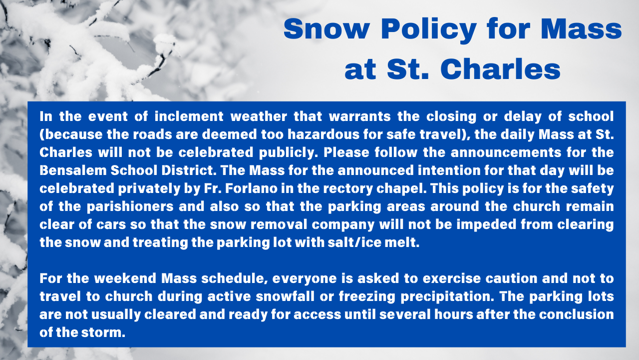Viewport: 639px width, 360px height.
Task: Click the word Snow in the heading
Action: click(326, 29)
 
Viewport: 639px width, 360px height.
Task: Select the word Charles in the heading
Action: click(501, 69)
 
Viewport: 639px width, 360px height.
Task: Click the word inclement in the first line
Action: click(189, 116)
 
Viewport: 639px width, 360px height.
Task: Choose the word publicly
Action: click(289, 153)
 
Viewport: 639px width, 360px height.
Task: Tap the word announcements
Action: click(506, 152)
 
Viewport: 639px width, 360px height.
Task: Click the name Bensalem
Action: click(73, 170)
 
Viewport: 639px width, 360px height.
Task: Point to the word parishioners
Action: click(130, 207)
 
